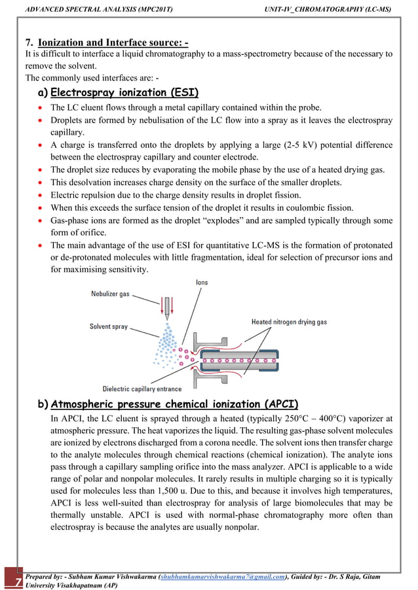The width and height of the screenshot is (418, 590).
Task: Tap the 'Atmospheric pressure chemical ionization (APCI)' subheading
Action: pyautogui.click(x=174, y=403)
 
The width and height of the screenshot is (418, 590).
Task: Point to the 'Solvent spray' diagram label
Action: pyautogui.click(x=109, y=326)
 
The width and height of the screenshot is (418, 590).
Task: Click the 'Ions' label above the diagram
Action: pyautogui.click(x=202, y=282)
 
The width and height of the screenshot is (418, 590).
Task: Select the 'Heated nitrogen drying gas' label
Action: pyautogui.click(x=289, y=322)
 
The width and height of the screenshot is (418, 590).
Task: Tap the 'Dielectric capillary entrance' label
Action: pyautogui.click(x=142, y=388)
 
